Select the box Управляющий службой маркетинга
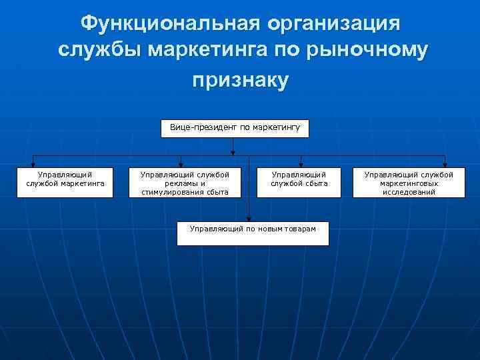pyautogui.click(x=65, y=181)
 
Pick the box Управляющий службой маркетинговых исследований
pyautogui.click(x=408, y=183)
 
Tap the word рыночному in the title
pyautogui.click(x=365, y=51)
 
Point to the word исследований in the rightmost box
pyautogui.click(x=409, y=192)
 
